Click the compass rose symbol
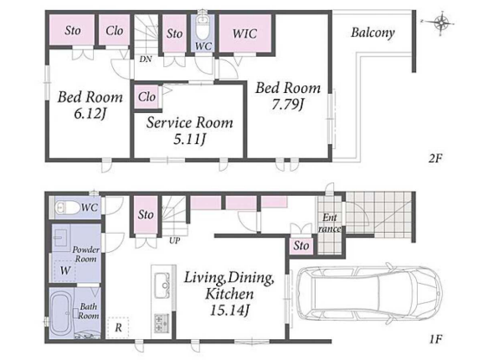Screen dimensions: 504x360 pyautogui.click(x=442, y=22)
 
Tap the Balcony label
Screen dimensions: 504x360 pyautogui.click(x=373, y=33)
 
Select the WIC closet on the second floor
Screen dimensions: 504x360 pyautogui.click(x=244, y=33)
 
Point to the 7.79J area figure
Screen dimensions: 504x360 pyautogui.click(x=287, y=105)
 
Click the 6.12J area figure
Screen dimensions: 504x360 pyautogui.click(x=90, y=114)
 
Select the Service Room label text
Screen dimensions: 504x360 pyautogui.click(x=190, y=123)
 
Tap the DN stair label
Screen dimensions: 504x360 pyautogui.click(x=146, y=59)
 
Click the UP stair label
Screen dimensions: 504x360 pyautogui.click(x=174, y=240)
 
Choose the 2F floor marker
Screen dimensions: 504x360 pyautogui.click(x=435, y=158)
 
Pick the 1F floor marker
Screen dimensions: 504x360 pyautogui.click(x=436, y=339)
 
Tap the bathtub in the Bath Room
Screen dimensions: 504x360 pyautogui.click(x=61, y=314)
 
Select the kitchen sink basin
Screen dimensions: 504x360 pyautogui.click(x=162, y=285)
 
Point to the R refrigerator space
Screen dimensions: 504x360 pyautogui.click(x=118, y=327)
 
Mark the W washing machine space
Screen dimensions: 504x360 pyautogui.click(x=64, y=270)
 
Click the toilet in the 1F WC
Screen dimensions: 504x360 pyautogui.click(x=67, y=208)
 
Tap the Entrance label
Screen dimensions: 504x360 pyautogui.click(x=330, y=223)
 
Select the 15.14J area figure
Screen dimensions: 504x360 pyautogui.click(x=229, y=311)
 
